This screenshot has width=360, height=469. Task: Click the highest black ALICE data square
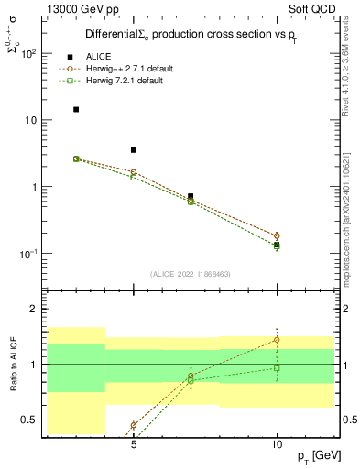point(76,109)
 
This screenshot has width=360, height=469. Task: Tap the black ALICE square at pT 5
point(134,150)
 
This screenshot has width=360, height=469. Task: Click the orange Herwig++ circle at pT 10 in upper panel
point(277,235)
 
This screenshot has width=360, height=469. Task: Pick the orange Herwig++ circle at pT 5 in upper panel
point(134,172)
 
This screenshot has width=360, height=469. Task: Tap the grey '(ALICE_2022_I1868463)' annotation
point(189,273)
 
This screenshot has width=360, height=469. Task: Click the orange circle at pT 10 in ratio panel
point(277,340)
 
